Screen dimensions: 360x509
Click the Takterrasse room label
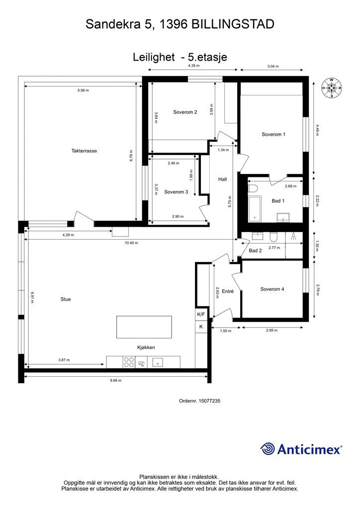pyautogui.click(x=84, y=151)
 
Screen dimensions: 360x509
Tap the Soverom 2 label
pyautogui.click(x=185, y=112)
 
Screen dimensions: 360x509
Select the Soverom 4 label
pyautogui.click(x=272, y=289)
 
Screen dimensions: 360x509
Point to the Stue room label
pyautogui.click(x=66, y=299)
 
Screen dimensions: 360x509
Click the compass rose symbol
pyautogui.click(x=332, y=87)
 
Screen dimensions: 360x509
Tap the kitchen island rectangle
pyautogui.click(x=144, y=327)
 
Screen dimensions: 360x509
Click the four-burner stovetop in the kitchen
pyautogui.click(x=129, y=362)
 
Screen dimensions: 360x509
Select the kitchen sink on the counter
pyautogui.click(x=158, y=362)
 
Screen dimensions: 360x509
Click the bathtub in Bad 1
pyautogui.click(x=255, y=209)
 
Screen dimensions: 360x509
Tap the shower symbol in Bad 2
pyautogui.click(x=294, y=236)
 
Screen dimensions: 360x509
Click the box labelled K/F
pyautogui.click(x=201, y=314)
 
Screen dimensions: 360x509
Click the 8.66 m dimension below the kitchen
pyautogui.click(x=115, y=380)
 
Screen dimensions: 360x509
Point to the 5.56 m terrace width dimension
pyautogui.click(x=83, y=90)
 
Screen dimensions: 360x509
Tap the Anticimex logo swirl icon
pyautogui.click(x=267, y=449)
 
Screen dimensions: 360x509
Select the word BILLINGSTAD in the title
pyautogui.click(x=233, y=24)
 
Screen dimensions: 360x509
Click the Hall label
pyautogui.click(x=223, y=179)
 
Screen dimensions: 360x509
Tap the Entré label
pyautogui.click(x=228, y=291)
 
